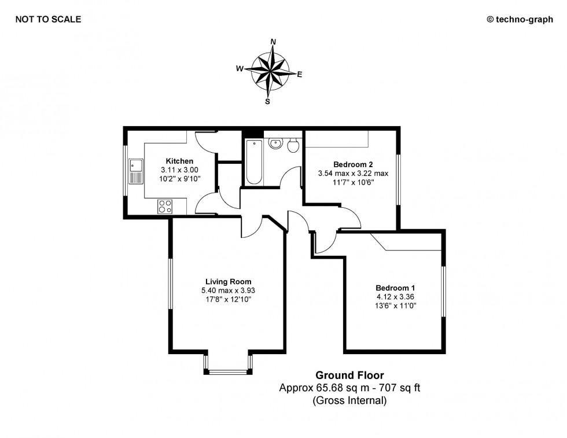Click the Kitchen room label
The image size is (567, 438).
179,161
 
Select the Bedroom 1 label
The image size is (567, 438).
395,288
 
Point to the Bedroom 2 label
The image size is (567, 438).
353,164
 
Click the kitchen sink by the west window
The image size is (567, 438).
136,171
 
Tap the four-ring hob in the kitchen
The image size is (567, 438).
165,207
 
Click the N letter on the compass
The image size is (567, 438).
273,41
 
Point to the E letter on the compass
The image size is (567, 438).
300,74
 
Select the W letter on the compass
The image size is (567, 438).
238,68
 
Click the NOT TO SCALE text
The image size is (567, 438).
48,19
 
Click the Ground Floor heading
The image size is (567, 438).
349,376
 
